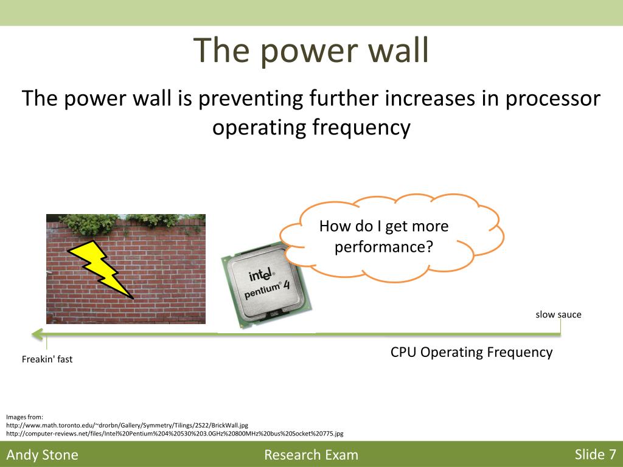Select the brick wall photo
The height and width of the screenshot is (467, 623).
126,269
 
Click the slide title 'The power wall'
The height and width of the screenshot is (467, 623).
311,50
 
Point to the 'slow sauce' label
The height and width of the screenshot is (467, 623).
559,314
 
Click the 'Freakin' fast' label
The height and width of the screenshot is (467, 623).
47,359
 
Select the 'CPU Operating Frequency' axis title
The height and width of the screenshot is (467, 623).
472,352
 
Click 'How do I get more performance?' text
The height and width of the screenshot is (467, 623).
384,237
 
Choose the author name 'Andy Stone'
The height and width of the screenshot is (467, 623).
42,455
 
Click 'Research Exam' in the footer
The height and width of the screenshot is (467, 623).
311,455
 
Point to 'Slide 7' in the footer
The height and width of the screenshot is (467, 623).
595,454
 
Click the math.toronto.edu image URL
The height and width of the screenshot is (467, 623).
127,425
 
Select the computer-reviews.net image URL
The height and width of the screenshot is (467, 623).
175,434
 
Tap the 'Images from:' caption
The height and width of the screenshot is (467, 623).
24,417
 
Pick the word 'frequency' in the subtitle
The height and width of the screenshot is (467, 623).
361,128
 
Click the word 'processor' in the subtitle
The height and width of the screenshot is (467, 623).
552,99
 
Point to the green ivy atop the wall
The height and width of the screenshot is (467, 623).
131,223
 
